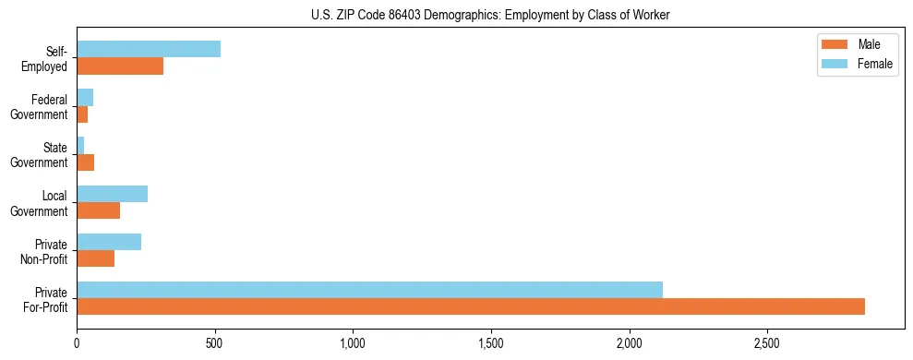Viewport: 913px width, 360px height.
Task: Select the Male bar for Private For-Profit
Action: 471,306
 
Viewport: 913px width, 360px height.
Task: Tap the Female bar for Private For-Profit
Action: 369,290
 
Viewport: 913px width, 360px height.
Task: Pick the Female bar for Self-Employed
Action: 149,49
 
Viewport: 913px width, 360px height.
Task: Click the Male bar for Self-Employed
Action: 120,66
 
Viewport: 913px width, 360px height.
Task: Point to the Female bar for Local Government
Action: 112,194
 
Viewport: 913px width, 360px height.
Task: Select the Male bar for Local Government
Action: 98,210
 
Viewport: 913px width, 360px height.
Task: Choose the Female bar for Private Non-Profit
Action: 109,242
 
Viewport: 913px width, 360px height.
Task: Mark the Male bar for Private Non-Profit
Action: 95,258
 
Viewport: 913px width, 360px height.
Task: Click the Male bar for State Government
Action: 85,162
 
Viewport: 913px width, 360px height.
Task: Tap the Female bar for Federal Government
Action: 85,97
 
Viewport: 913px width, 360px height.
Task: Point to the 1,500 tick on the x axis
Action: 491,343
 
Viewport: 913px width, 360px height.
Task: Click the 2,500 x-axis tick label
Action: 767,343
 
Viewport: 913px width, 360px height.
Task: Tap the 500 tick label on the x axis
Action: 215,343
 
